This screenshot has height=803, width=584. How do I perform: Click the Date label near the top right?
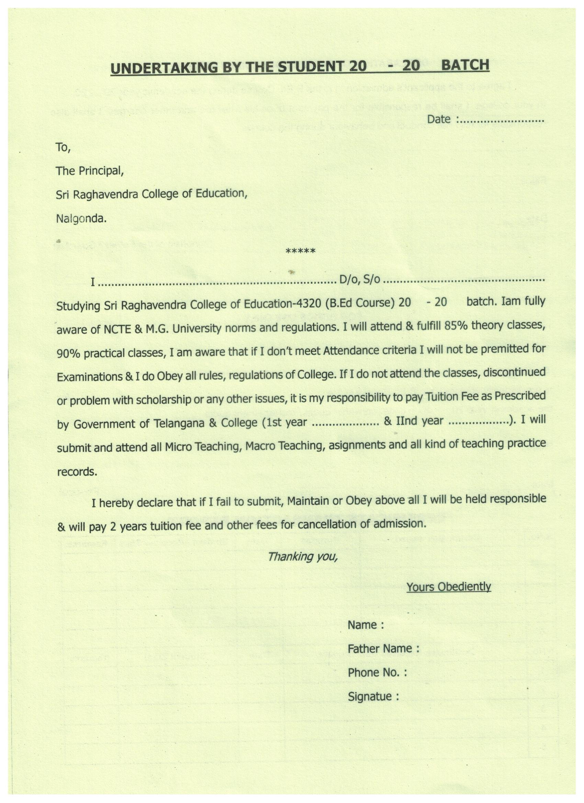tap(439, 119)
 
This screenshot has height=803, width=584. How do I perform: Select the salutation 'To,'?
tap(64, 147)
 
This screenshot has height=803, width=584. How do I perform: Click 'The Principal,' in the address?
tap(90, 171)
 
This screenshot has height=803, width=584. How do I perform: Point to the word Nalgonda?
tap(81, 219)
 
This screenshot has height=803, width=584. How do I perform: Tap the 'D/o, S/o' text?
tap(359, 280)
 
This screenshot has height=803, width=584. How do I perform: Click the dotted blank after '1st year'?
tap(346, 423)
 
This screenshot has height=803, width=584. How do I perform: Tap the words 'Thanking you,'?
tap(302, 557)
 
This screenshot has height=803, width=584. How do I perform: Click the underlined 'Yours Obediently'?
tap(448, 587)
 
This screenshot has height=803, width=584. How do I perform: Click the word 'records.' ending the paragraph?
tap(77, 472)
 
